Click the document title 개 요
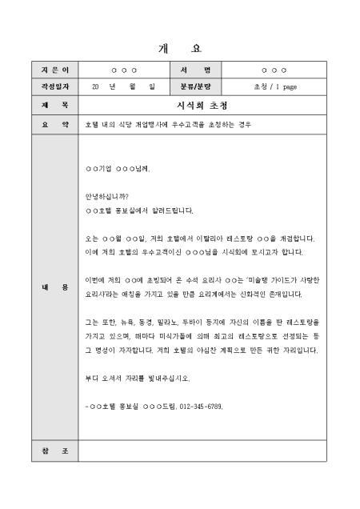[x=180, y=47]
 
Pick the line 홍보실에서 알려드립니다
[x=139, y=211]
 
